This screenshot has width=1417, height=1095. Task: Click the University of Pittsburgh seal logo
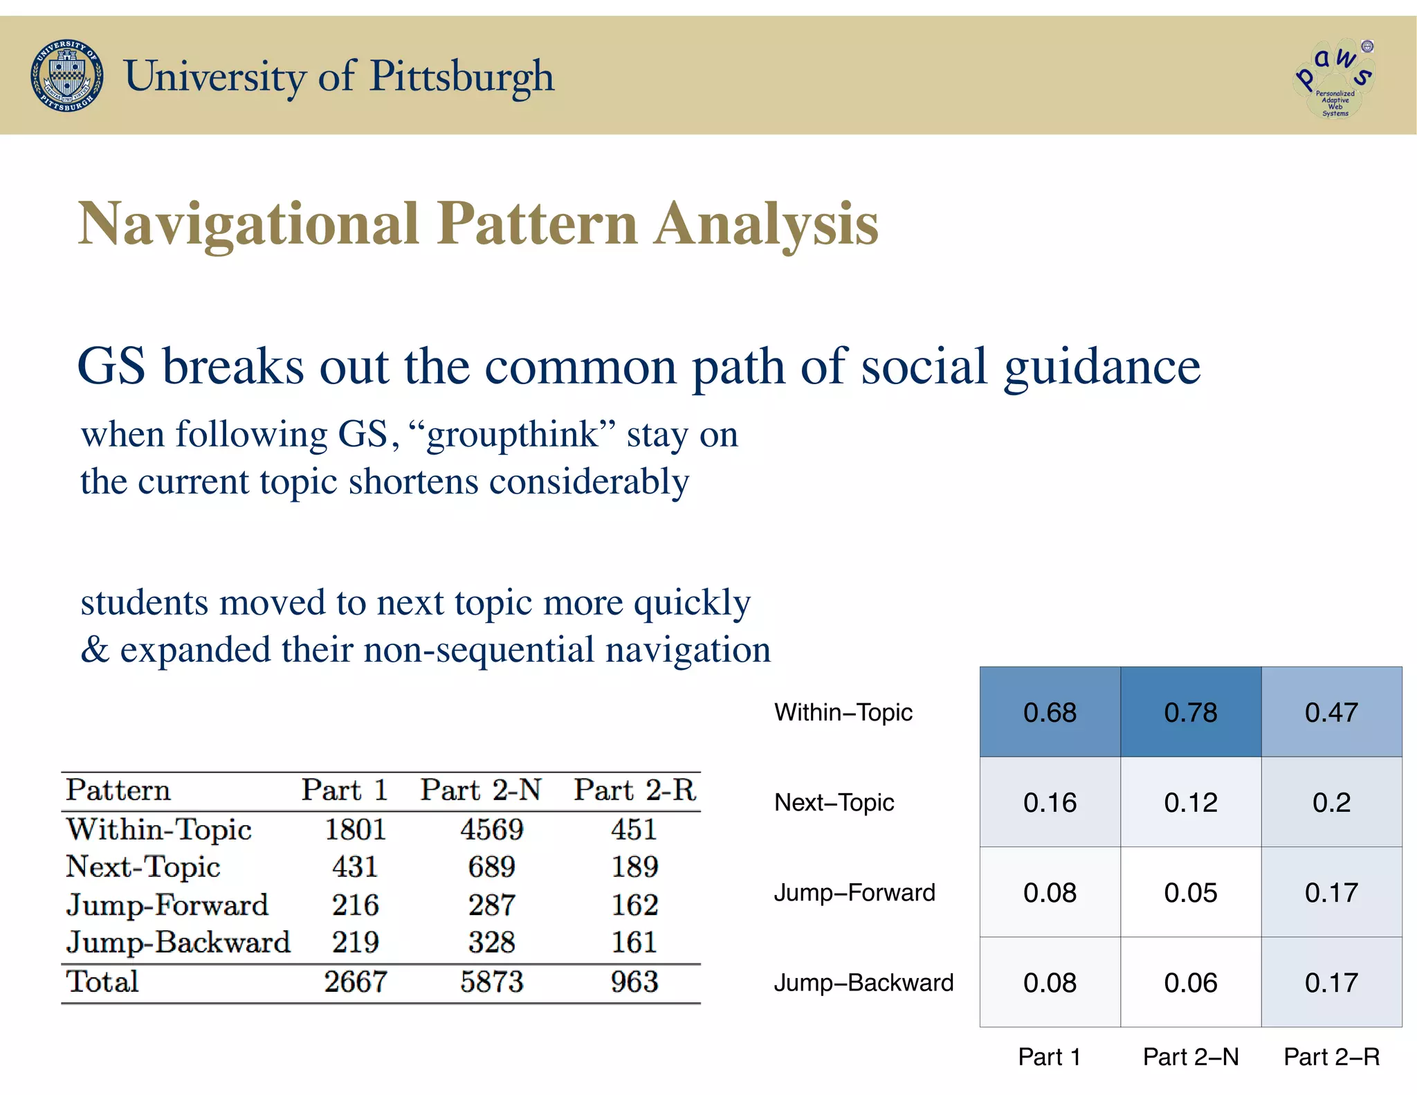point(67,75)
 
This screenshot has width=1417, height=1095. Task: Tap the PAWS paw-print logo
point(1334,78)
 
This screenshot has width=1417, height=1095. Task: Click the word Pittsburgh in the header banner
point(461,76)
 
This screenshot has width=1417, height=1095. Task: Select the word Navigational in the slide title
point(248,224)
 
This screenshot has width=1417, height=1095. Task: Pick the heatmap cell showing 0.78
point(1190,712)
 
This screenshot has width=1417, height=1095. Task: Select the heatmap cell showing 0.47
point(1331,712)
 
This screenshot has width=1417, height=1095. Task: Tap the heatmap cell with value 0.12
point(1190,802)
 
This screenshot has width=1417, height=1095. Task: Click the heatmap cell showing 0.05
point(1190,892)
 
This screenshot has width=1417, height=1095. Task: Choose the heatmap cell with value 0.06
point(1190,982)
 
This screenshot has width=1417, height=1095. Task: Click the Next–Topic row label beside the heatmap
point(834,802)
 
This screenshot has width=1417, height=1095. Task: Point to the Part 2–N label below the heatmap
point(1190,1057)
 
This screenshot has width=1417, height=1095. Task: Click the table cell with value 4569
point(492,829)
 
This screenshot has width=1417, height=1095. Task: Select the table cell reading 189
point(634,867)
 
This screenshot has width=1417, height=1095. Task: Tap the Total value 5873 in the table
point(492,981)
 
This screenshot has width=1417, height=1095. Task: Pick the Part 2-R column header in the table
point(634,790)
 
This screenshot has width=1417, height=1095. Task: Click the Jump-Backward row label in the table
point(178,942)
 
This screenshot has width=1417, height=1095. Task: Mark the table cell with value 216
point(355,905)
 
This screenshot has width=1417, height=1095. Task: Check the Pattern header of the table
point(118,790)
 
